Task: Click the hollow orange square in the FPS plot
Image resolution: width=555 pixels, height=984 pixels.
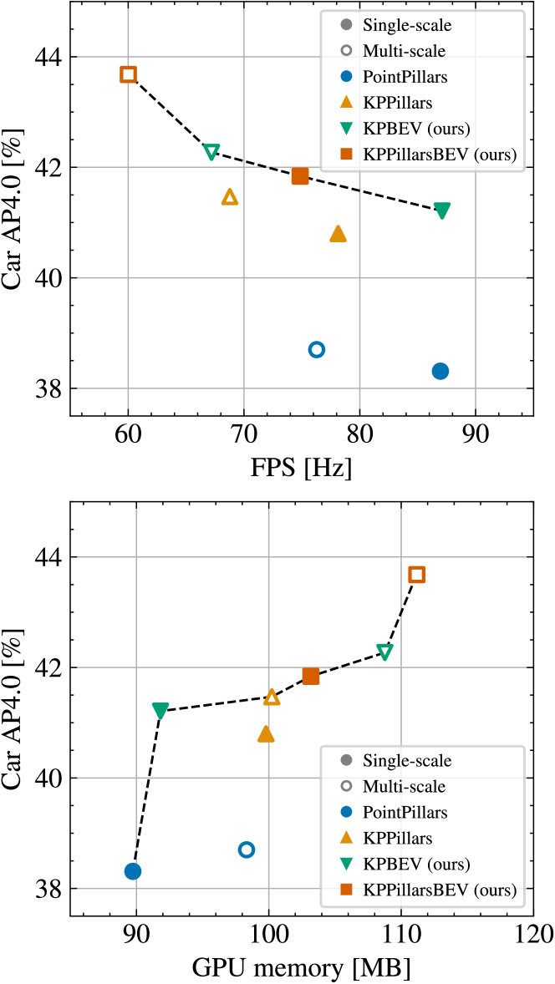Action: pos(128,74)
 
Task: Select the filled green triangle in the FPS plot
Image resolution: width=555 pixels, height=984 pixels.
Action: pos(442,210)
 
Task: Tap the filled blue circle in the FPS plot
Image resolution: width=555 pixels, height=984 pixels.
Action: pos(440,371)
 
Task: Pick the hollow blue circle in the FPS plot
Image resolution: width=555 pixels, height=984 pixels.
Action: pos(316,349)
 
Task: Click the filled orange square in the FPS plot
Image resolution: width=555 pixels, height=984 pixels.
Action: pos(300,175)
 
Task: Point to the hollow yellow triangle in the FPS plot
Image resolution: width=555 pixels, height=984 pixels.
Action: pos(230,197)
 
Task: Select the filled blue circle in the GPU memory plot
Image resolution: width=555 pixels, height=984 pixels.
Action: pos(132,871)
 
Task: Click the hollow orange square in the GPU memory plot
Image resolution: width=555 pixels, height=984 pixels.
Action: pos(416,574)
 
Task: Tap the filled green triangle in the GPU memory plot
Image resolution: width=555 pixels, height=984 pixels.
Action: pos(160,710)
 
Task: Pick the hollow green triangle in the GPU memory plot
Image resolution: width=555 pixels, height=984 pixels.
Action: pos(384,651)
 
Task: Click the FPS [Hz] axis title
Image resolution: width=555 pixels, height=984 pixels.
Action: pos(302,469)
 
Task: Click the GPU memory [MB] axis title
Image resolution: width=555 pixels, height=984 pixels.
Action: pos(302,967)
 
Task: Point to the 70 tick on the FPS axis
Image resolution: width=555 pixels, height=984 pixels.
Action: pos(243,435)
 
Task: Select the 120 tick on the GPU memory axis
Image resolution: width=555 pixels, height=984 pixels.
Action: pos(532,935)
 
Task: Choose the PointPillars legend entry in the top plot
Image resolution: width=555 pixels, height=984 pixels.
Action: pos(405,77)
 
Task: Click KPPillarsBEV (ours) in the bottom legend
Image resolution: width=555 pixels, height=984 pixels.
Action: pos(439,890)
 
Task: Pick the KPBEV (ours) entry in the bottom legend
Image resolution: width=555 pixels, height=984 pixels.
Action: pos(415,864)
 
